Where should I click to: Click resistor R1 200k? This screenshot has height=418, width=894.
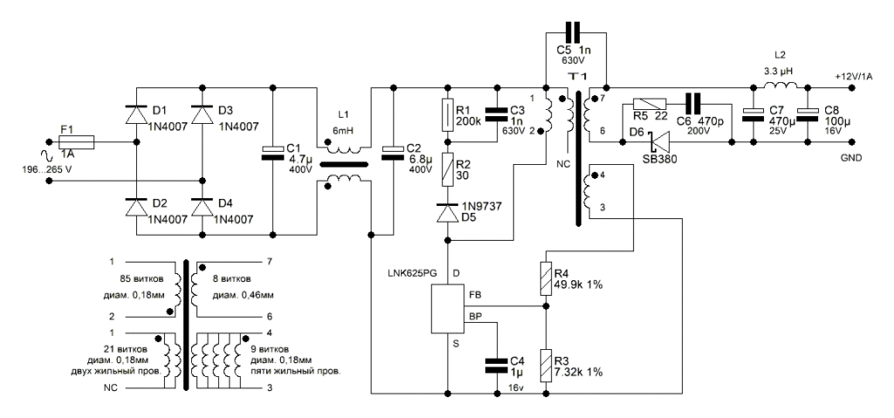pyautogui.click(x=447, y=113)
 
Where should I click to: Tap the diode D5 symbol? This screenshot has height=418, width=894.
pyautogui.click(x=447, y=212)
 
